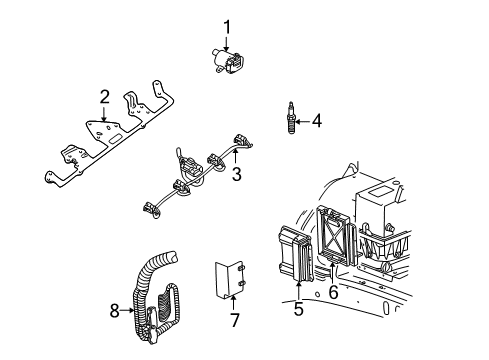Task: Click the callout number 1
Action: point(227,27)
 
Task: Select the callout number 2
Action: point(103,96)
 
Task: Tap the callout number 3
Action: point(236,174)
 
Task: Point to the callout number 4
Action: point(317,122)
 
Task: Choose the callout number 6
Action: point(333,293)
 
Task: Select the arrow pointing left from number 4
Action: point(302,122)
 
